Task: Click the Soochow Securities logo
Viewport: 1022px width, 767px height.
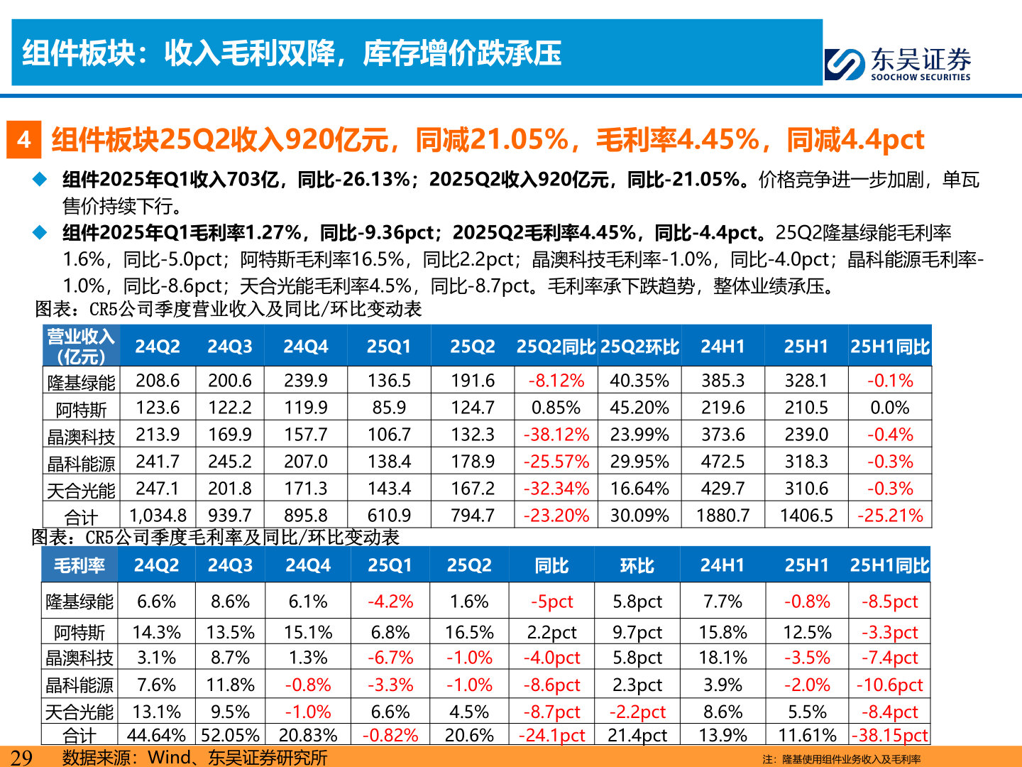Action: pos(898,64)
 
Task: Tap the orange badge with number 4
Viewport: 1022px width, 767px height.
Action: pos(24,139)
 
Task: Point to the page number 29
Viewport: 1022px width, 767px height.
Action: pos(21,757)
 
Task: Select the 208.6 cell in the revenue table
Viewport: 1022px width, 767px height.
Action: pos(158,381)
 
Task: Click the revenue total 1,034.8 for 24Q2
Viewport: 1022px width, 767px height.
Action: pos(158,515)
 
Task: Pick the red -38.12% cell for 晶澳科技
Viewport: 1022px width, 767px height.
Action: pos(556,435)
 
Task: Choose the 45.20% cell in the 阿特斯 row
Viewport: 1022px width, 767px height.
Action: pos(639,408)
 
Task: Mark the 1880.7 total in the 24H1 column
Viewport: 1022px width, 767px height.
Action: pos(722,515)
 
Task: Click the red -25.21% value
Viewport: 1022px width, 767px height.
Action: pos(890,515)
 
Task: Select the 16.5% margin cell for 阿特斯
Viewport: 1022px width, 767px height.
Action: pos(469,632)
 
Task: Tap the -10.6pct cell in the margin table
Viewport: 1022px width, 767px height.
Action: pos(890,685)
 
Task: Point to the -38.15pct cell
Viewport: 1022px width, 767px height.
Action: pos(890,735)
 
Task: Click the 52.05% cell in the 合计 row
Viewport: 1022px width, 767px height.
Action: pos(231,735)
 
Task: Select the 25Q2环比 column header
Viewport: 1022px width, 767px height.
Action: pos(639,347)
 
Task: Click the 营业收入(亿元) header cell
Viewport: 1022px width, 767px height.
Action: pos(81,347)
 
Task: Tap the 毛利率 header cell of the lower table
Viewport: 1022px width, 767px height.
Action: pos(79,565)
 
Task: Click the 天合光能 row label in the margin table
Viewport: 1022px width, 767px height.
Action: pos(79,712)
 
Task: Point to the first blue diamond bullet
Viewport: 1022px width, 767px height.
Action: pos(40,180)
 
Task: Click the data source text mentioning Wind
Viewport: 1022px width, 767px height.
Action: pos(195,758)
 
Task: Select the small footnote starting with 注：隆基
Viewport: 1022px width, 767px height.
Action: pos(842,759)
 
